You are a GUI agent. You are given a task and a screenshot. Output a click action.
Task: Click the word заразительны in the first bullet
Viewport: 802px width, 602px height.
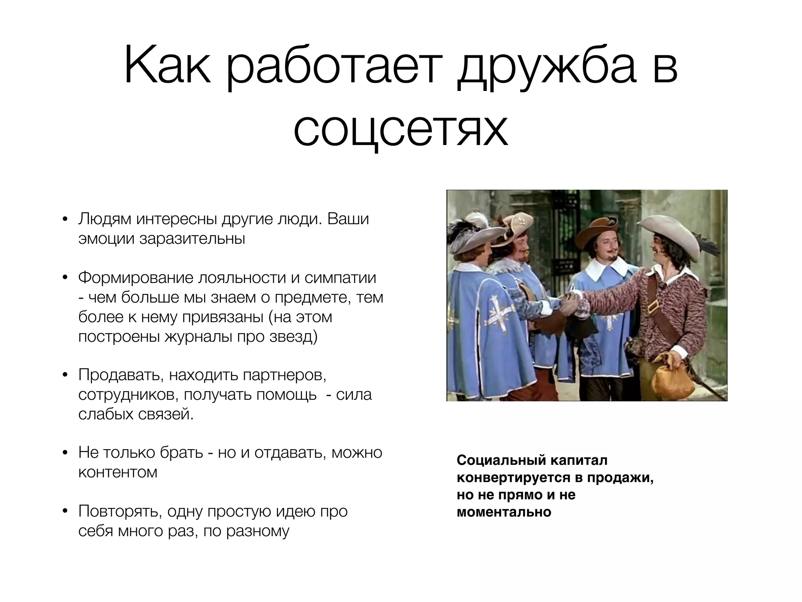point(192,238)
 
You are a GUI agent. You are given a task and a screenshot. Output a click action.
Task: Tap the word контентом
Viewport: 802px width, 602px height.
point(118,472)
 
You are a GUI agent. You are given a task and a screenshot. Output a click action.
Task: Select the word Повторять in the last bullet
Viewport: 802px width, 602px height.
point(119,511)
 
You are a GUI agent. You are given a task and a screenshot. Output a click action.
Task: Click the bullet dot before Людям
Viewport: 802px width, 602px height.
point(65,219)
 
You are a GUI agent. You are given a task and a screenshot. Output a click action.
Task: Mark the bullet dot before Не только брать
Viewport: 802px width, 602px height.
point(65,453)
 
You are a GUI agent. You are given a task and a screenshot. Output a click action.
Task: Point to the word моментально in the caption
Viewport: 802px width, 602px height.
point(504,512)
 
